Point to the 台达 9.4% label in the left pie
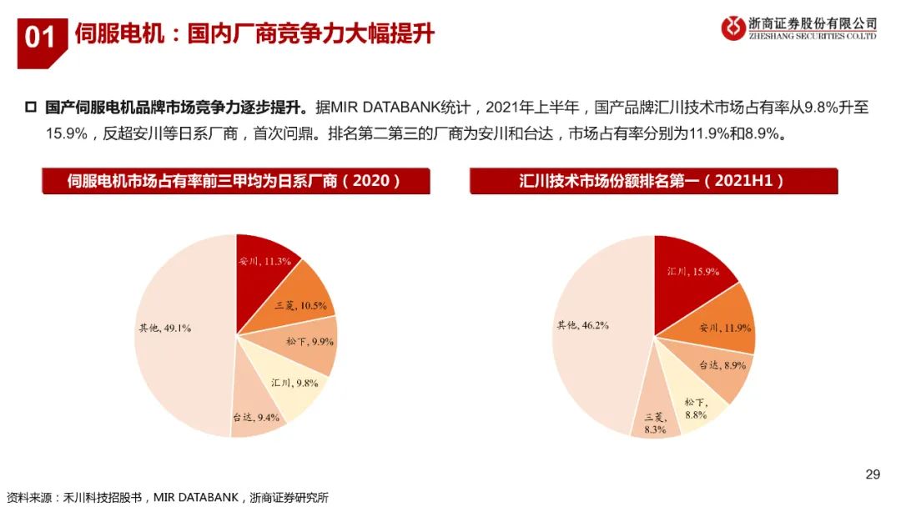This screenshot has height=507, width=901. coord(255,417)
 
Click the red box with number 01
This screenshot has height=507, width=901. coord(40,38)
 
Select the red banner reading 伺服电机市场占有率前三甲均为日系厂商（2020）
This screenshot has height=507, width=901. coord(236,181)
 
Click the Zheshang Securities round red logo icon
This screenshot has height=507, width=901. coord(733,28)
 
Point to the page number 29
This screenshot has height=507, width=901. coord(873,474)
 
